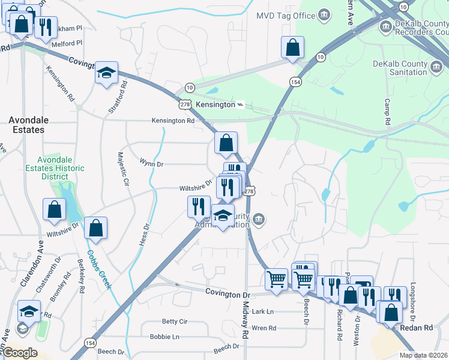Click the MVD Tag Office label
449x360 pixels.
point(286,15)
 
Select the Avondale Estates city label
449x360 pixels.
point(26,125)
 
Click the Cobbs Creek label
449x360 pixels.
point(100,269)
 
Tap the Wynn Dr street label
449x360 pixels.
point(151,163)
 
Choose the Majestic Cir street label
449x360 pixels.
point(122,169)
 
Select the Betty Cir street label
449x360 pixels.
point(175,322)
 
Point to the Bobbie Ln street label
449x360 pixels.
point(164,337)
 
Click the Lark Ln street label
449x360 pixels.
point(262,311)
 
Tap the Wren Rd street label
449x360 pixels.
point(264,328)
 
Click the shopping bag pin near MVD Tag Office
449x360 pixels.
point(292,47)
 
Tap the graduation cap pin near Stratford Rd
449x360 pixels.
point(106,74)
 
